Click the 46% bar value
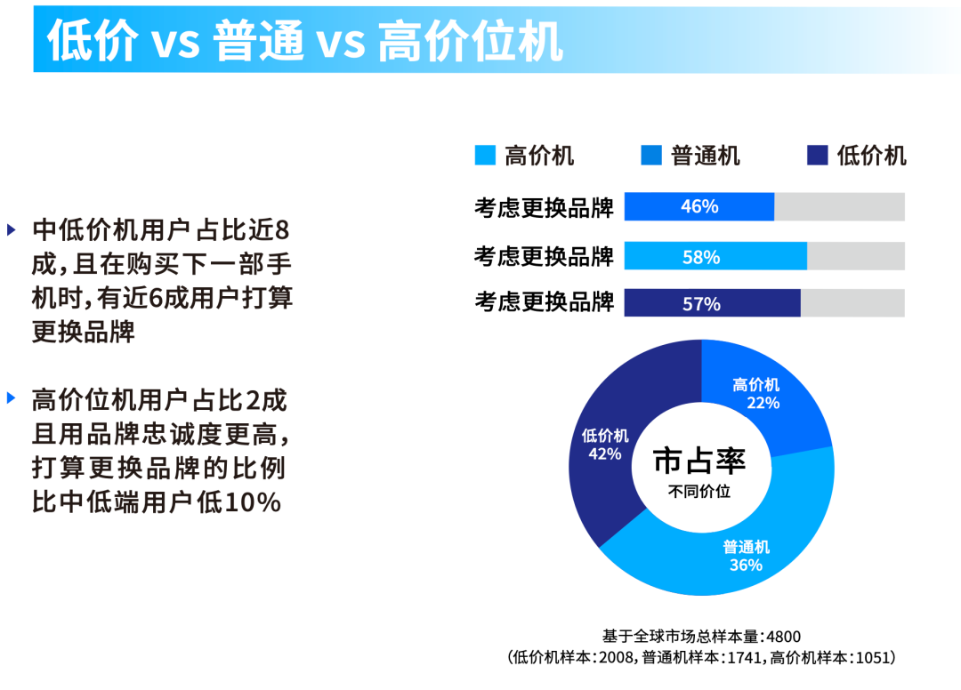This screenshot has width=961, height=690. coord(699,206)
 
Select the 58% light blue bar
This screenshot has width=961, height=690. coord(715,256)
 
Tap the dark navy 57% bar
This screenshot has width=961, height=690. coord(712,303)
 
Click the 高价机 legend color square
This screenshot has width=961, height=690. coord(485,155)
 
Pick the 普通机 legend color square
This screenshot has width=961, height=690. coord(650,155)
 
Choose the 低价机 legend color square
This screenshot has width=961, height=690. coord(818,155)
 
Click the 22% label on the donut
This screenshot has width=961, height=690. coord(763,403)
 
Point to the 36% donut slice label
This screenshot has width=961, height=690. coord(746,565)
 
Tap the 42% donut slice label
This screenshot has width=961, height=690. coord(605,453)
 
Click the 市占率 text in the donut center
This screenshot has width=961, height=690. coord(699,461)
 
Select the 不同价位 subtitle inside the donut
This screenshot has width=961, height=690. coord(699,491)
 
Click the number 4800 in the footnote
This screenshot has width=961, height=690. coord(783,637)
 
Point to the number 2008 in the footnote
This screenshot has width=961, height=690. coord(616,658)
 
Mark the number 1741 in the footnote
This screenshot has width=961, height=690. coord(745,658)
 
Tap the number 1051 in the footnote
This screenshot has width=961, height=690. coord(872,658)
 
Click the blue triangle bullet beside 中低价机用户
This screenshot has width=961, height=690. coord(11,230)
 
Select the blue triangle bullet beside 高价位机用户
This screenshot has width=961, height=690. coord(11,398)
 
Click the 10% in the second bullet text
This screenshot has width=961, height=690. coord(253,502)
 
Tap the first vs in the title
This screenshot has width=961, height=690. coord(176,43)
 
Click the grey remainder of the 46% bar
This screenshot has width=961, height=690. coord(839,206)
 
